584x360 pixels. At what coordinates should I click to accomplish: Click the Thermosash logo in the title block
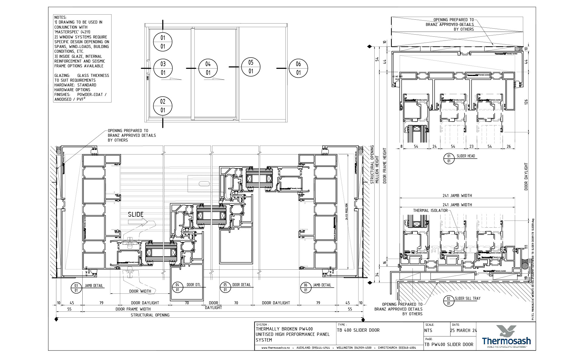click(x=506, y=337)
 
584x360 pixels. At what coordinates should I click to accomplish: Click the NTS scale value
click(x=428, y=330)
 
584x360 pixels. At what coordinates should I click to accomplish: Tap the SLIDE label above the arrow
click(x=136, y=214)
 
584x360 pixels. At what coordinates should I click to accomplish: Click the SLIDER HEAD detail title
click(x=466, y=156)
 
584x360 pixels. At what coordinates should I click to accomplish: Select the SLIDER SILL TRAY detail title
click(x=467, y=298)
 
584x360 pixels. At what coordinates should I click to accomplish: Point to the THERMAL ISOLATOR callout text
click(x=430, y=210)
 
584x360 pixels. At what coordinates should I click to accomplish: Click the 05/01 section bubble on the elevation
click(x=251, y=67)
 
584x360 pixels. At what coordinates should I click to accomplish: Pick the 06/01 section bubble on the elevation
click(x=298, y=68)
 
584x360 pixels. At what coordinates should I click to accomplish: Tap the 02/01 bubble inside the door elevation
click(x=163, y=106)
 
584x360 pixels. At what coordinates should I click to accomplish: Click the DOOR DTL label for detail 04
click(x=194, y=285)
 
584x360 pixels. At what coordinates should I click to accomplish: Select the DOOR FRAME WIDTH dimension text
click(x=133, y=309)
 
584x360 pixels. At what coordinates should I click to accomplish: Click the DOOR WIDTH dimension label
click(x=140, y=291)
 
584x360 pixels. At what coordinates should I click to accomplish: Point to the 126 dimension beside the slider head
click(x=526, y=102)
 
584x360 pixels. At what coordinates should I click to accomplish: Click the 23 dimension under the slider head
click(x=471, y=146)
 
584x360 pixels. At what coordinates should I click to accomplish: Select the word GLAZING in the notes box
click(x=62, y=75)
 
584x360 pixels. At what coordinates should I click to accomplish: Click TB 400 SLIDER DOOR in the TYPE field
click(x=358, y=330)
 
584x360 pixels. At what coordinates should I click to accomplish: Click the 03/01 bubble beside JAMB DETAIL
click(x=76, y=288)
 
